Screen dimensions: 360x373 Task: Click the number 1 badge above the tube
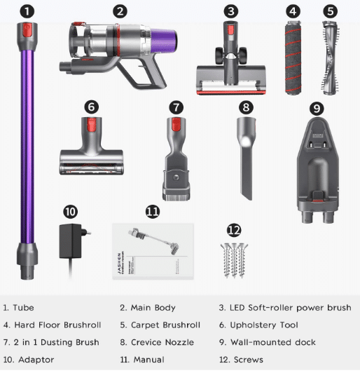coord(27,11)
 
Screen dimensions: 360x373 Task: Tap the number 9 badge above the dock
coord(317,109)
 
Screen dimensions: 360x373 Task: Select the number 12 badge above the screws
coord(234,230)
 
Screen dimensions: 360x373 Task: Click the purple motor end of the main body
coord(164,39)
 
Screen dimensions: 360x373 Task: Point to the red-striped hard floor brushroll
coord(293,57)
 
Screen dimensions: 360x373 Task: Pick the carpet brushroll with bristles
coord(331,57)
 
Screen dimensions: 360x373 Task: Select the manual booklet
coord(153,251)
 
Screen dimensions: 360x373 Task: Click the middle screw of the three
coord(234,260)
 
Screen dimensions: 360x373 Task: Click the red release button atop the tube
coord(27,29)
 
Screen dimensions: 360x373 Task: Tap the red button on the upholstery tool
coord(91,125)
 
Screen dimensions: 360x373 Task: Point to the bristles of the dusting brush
coord(176,196)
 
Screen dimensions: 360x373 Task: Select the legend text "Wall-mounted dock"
coord(273,342)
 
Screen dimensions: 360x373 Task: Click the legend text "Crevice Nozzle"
coord(162,342)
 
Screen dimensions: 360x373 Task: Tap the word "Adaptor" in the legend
coord(36,360)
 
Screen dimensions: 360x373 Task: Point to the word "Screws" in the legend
coord(249,360)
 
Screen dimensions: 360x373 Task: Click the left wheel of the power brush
coord(219,55)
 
